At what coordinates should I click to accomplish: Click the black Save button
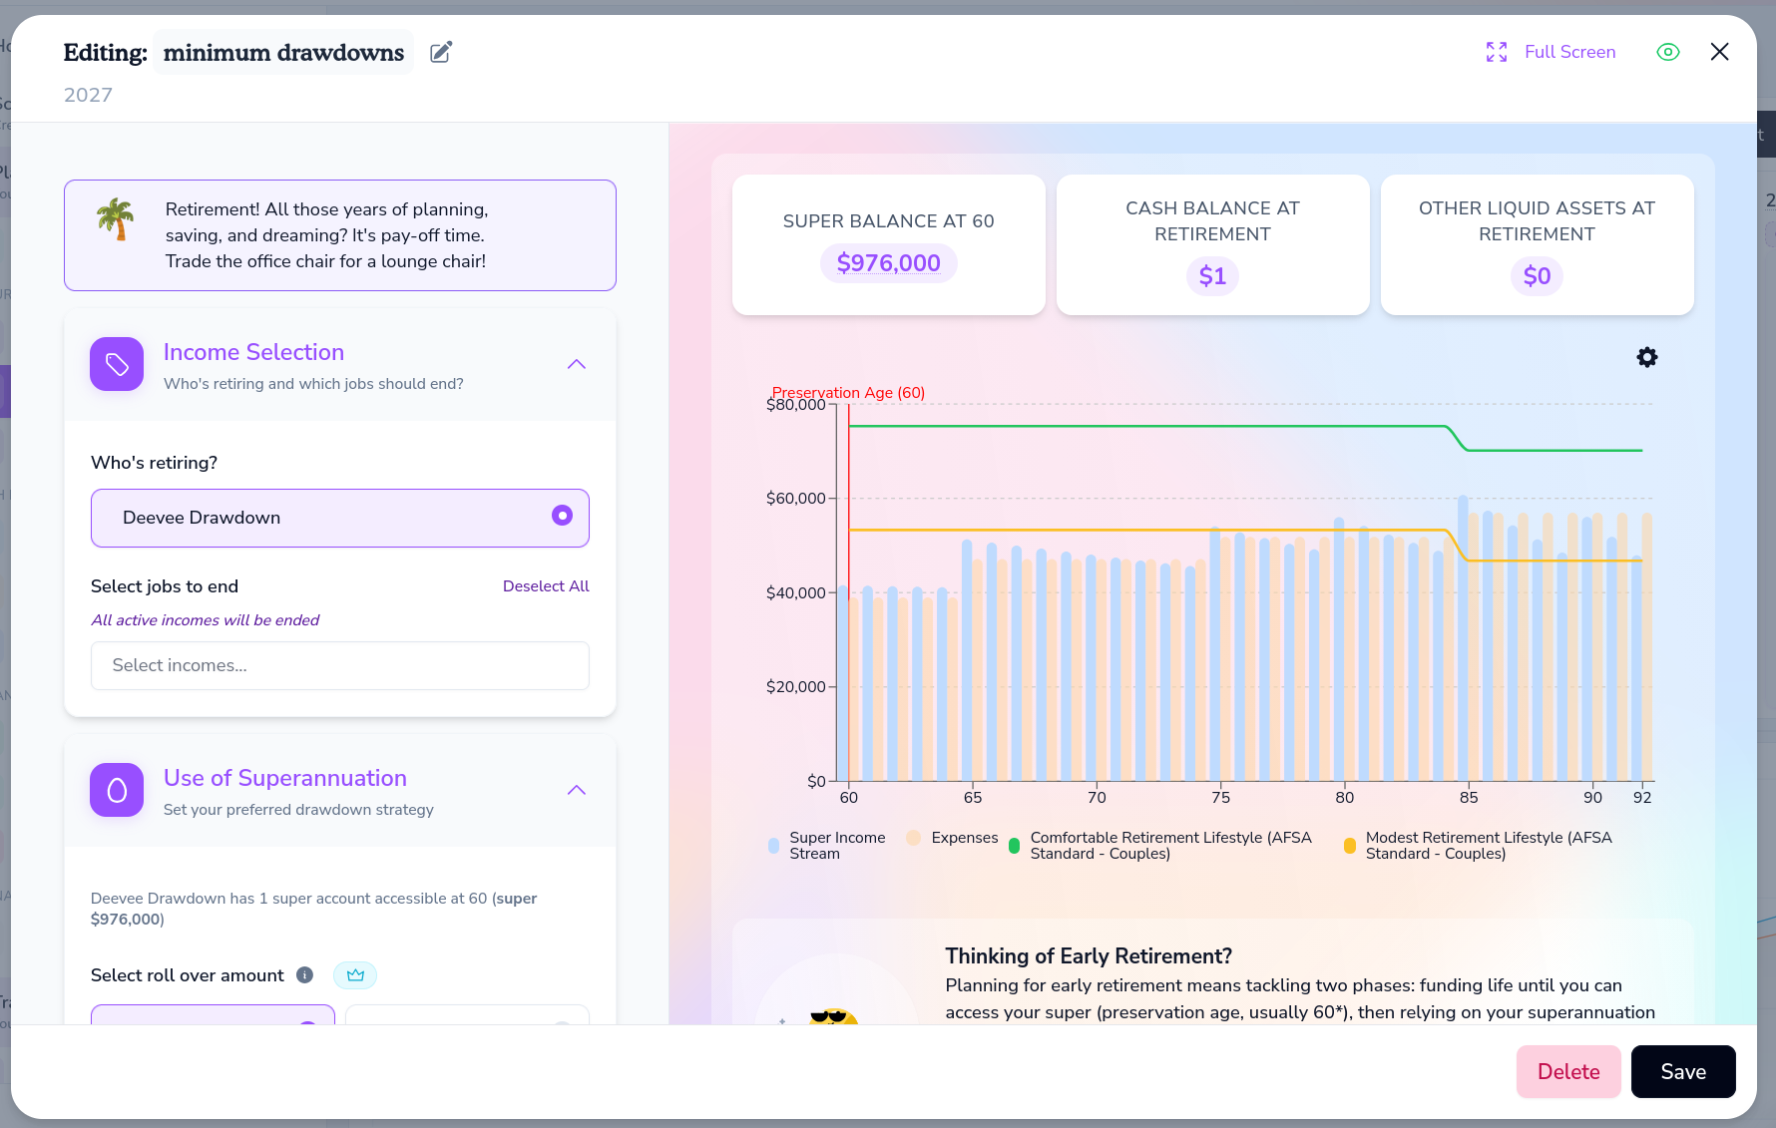[x=1683, y=1071]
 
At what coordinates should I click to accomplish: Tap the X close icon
[x=1719, y=52]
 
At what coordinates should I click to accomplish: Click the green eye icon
[x=1668, y=52]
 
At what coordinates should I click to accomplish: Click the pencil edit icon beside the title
[x=441, y=52]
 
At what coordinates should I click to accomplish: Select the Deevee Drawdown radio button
[x=563, y=515]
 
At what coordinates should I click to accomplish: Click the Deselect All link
[x=546, y=586]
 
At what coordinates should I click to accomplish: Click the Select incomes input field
[x=340, y=665]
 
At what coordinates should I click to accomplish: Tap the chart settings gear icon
[x=1647, y=357]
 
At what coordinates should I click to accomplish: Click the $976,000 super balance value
[x=889, y=263]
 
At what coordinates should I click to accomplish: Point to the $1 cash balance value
[x=1212, y=276]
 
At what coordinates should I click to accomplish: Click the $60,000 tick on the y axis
[x=795, y=499]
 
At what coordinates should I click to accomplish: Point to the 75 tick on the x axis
[x=1220, y=797]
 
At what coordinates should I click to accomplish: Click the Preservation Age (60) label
[x=848, y=393]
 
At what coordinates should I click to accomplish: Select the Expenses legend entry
[x=952, y=838]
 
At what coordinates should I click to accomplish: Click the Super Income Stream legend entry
[x=827, y=846]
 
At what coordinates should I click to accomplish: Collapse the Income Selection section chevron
[x=577, y=364]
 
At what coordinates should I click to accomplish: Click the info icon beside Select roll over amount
[x=305, y=975]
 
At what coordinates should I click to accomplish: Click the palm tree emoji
[x=116, y=218]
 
